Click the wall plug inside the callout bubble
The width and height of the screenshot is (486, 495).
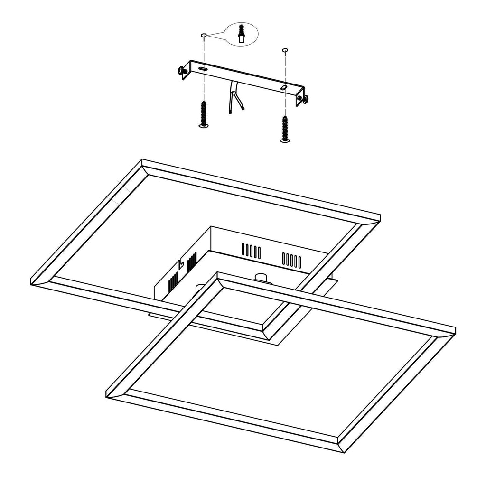242,34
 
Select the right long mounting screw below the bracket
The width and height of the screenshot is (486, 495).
285,128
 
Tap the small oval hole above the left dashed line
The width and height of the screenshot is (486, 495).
204,35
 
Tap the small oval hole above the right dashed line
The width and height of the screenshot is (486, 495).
285,49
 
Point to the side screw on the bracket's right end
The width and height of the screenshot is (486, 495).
304,99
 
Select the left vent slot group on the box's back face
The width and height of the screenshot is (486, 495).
251,250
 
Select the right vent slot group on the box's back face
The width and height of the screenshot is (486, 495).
291,260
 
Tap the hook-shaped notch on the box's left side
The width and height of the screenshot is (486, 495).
180,262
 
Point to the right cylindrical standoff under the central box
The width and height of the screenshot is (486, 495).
261,276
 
